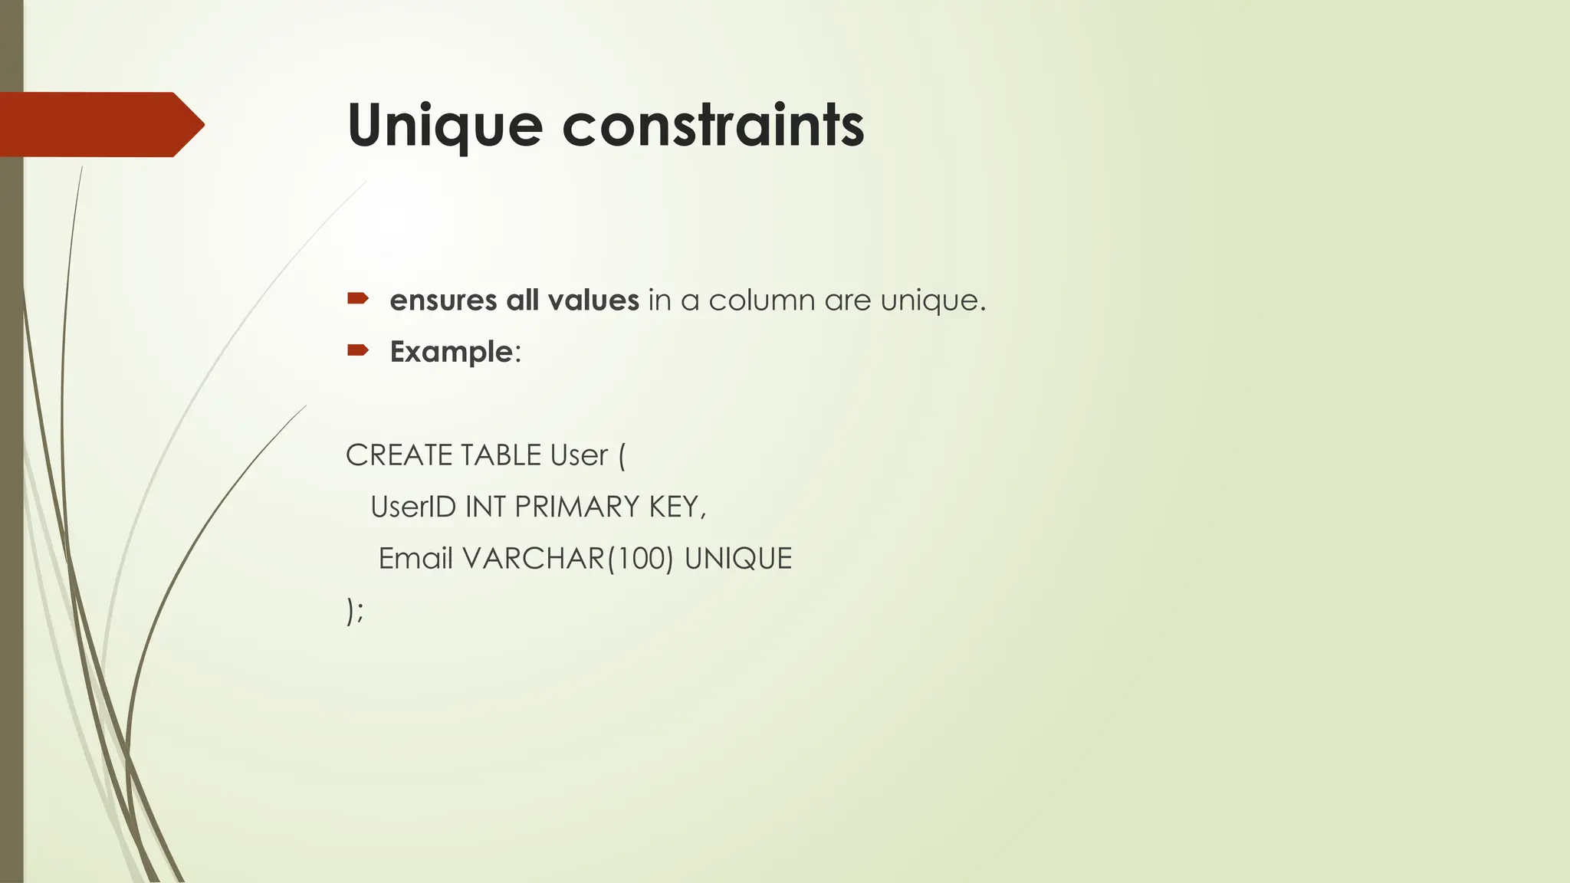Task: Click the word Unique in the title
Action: [x=445, y=125]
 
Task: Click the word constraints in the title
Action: [x=713, y=125]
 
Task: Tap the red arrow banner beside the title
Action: [x=100, y=124]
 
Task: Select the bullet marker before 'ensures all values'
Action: [x=358, y=299]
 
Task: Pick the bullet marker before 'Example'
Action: [x=358, y=351]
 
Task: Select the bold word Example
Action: [x=451, y=353]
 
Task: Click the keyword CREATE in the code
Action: [x=399, y=455]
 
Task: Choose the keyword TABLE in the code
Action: [x=501, y=455]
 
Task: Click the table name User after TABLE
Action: [x=579, y=455]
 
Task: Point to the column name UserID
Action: [x=413, y=507]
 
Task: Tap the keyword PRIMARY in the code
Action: [x=576, y=507]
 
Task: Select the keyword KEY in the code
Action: [x=676, y=507]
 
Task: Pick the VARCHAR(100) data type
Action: [x=567, y=559]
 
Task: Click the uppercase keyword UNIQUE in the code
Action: [x=737, y=559]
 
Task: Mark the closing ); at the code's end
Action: [x=355, y=612]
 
